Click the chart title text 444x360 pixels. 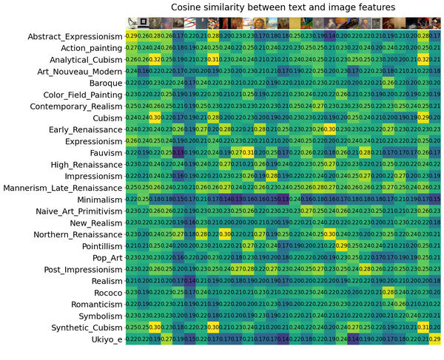point(283,7)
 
